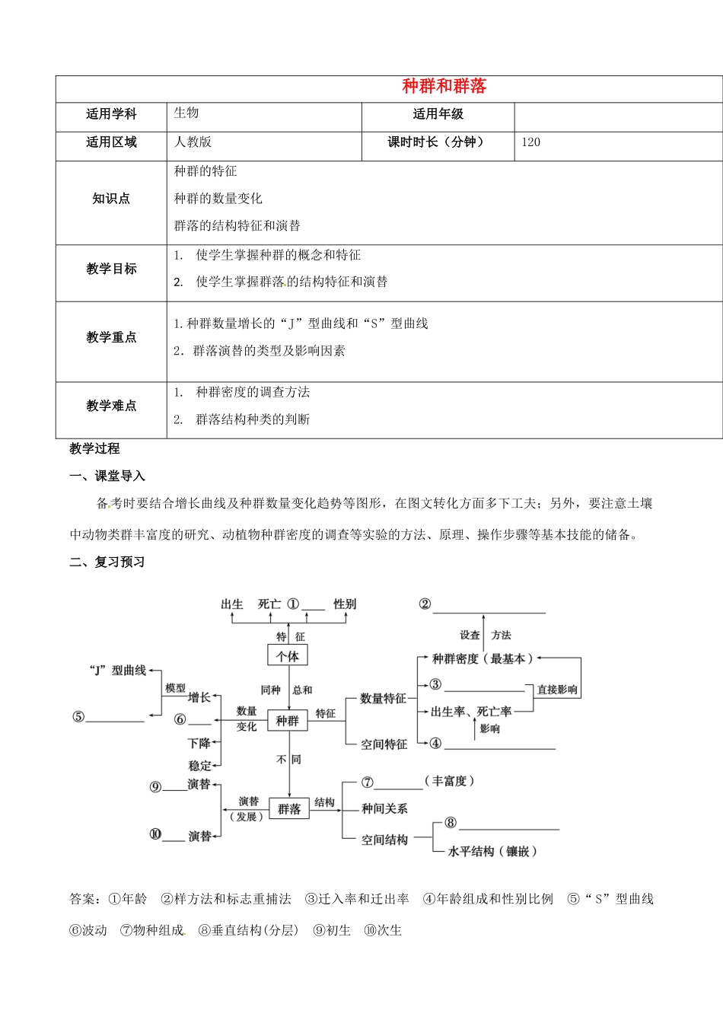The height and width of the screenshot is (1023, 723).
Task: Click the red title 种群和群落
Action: point(444,87)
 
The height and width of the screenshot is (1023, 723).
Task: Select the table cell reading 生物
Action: point(186,113)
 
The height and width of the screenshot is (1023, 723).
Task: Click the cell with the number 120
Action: point(531,142)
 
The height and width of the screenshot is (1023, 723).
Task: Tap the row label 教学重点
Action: point(111,337)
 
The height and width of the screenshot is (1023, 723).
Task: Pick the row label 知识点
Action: point(111,199)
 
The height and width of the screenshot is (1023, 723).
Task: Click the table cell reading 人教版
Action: point(193,142)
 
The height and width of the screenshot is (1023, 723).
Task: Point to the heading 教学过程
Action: point(94,449)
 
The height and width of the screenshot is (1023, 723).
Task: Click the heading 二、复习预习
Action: point(107,562)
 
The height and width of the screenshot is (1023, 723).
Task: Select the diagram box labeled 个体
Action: point(288,656)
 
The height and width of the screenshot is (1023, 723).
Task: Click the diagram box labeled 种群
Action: point(288,720)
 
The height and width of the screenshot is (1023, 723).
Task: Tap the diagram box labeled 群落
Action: point(289,809)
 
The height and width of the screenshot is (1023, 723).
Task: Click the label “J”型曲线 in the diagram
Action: point(118,671)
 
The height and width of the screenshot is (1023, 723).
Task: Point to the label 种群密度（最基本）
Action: point(482,659)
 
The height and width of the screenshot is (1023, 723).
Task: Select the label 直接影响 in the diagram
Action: point(557,690)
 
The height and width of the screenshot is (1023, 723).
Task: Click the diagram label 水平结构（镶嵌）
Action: point(492,852)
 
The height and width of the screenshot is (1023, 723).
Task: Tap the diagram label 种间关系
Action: point(384,809)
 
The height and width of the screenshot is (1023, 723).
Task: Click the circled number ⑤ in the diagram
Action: point(78,717)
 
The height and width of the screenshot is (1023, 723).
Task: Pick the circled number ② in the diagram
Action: point(425,604)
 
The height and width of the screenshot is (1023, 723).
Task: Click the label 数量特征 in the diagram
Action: point(383,699)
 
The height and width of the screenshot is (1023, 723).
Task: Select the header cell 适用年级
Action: point(438,114)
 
